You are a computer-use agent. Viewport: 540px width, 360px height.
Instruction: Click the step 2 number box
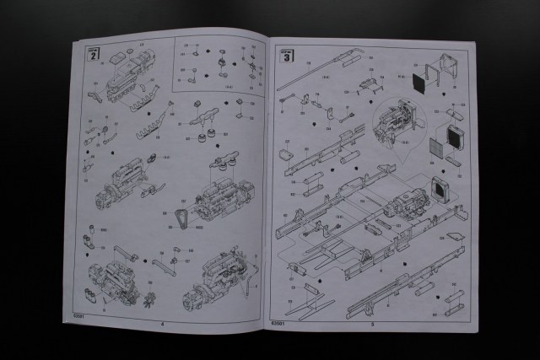click(94, 54)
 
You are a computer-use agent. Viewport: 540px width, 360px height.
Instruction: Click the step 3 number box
click(287, 56)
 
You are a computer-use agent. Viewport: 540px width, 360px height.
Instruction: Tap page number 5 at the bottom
click(371, 322)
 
